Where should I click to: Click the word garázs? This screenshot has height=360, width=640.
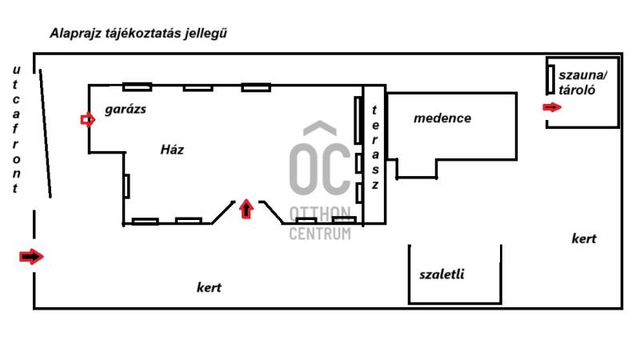click(x=126, y=110)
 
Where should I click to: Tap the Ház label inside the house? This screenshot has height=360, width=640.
click(x=172, y=150)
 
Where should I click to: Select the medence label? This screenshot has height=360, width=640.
click(x=442, y=118)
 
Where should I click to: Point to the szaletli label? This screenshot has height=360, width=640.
click(x=442, y=274)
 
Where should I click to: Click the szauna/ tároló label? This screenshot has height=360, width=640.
click(x=582, y=82)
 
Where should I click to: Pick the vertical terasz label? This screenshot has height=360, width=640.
click(x=374, y=147)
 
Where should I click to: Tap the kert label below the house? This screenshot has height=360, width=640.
click(x=209, y=287)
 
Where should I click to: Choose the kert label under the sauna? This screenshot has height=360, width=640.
click(x=584, y=238)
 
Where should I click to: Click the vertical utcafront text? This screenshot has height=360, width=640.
click(x=15, y=129)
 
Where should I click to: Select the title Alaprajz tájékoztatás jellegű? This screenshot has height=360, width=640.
click(x=138, y=33)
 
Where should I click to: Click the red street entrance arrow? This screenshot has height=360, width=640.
click(x=31, y=257)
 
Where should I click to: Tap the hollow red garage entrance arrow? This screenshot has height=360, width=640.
click(x=88, y=120)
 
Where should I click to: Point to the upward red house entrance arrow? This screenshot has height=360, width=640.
click(x=246, y=209)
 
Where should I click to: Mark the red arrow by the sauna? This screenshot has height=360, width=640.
click(x=552, y=107)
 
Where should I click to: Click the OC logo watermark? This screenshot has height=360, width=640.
click(x=320, y=158)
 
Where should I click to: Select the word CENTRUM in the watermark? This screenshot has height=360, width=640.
click(x=320, y=234)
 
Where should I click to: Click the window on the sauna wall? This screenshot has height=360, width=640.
click(x=550, y=79)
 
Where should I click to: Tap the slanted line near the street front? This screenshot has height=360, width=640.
click(x=46, y=134)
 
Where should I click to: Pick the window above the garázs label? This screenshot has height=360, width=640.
click(x=137, y=87)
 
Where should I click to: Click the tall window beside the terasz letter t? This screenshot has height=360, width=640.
click(x=358, y=120)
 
